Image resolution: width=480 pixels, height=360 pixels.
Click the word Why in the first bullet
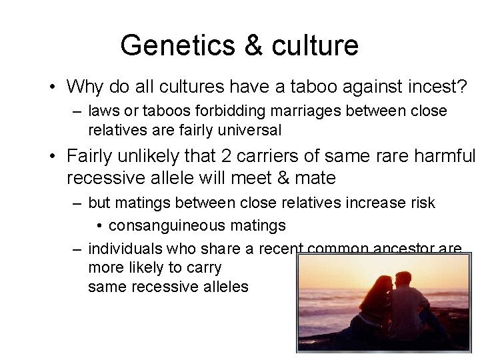[x=85, y=87]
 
